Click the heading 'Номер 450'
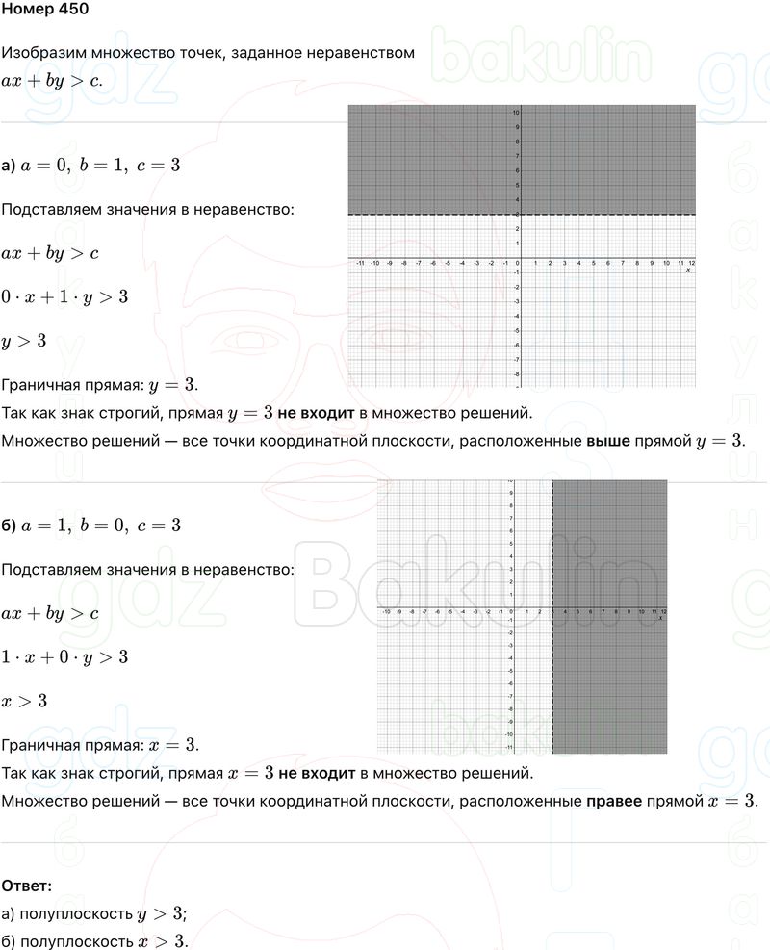coord(45,11)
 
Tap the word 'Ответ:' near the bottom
coord(27,885)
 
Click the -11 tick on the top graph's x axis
coord(359,263)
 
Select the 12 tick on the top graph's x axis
coord(692,263)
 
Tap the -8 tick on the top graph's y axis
coord(517,373)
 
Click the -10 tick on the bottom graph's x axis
coord(386,612)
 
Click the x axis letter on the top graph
coord(688,270)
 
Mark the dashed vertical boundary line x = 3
coord(552,674)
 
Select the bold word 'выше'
coord(607,441)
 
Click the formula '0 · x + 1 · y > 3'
coord(64,297)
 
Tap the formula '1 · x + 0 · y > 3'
coord(64,657)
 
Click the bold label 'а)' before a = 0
coord(9,166)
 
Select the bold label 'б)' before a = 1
coord(9,526)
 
